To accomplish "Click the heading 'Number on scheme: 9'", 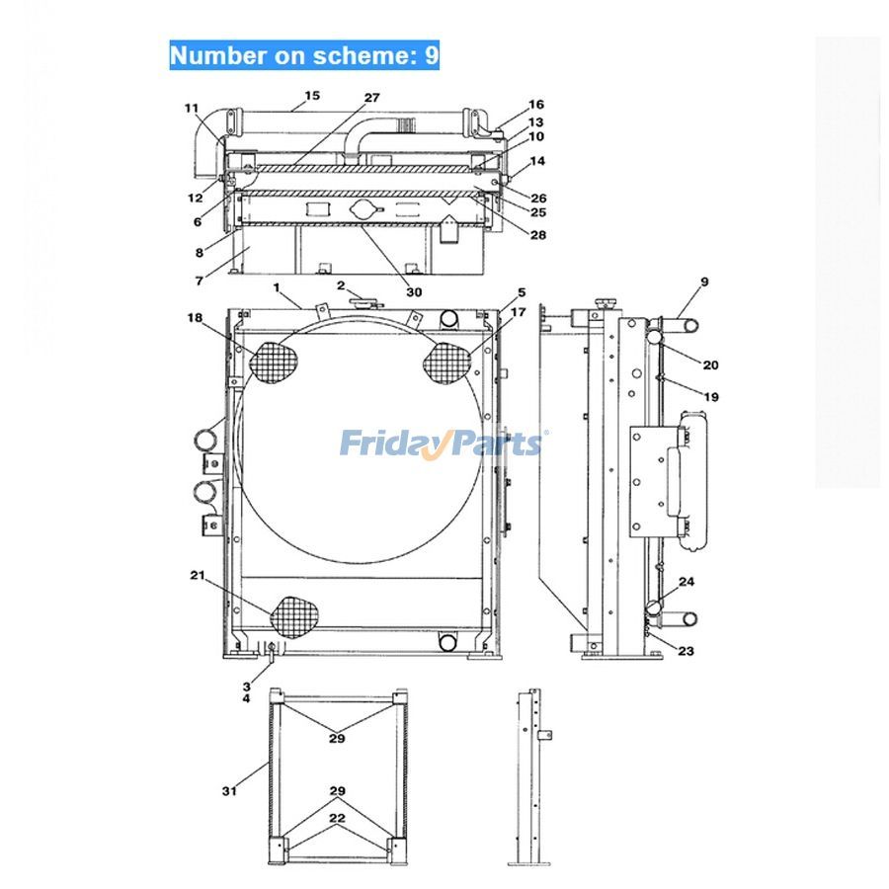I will tap(304, 55).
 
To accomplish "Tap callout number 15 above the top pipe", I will tap(312, 96).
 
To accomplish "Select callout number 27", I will tap(371, 98).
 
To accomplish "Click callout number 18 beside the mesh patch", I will tap(195, 317).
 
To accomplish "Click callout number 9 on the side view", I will tap(704, 282).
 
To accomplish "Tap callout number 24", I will tap(686, 582).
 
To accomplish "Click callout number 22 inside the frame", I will tap(338, 819).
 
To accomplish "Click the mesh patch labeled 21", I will tap(295, 614).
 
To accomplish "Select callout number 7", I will tap(200, 282).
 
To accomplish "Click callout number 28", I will tap(537, 235).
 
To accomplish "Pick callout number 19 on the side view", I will tap(711, 396).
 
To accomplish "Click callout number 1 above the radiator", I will tap(279, 288).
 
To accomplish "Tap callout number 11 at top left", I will tap(191, 108).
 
